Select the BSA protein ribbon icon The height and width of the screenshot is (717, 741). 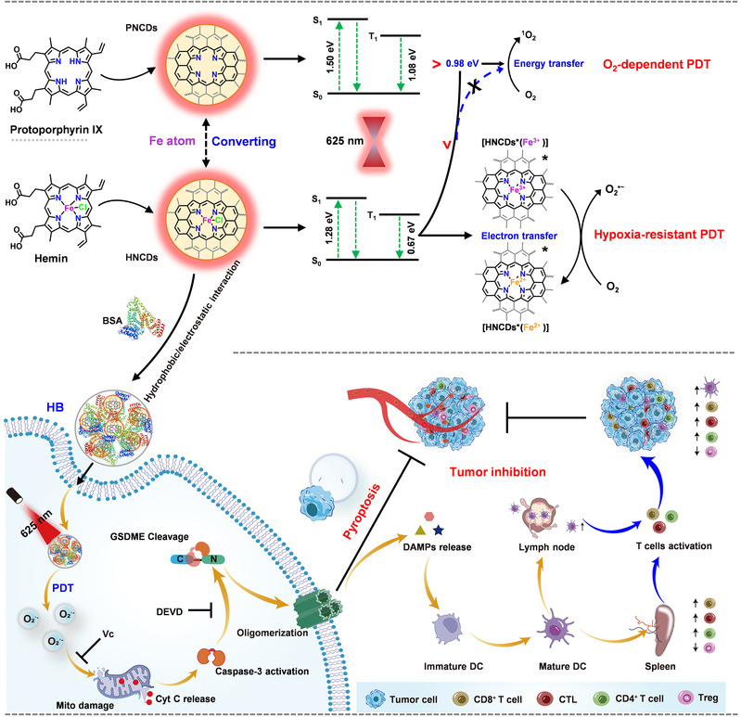(x=134, y=319)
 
